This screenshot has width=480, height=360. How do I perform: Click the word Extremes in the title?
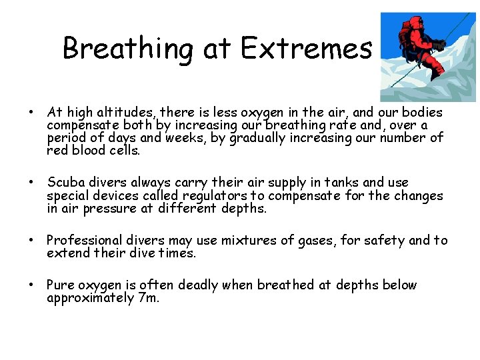306,48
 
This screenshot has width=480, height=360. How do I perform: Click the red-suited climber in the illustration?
417,47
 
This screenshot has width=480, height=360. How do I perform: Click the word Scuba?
64,183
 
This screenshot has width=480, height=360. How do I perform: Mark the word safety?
383,240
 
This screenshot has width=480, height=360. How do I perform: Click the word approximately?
90,298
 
